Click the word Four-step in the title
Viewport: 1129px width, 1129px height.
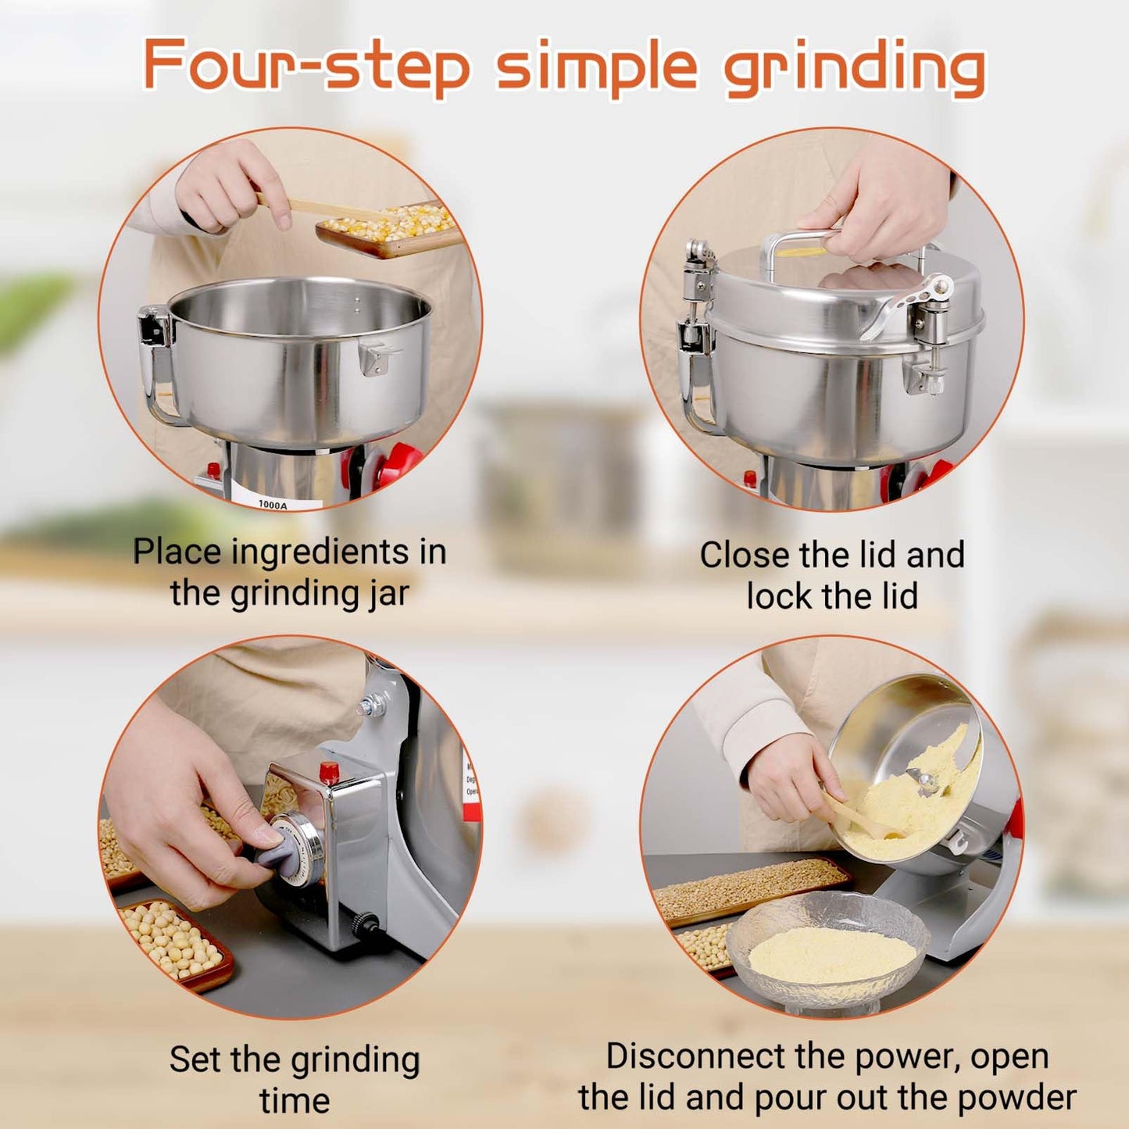click(x=306, y=66)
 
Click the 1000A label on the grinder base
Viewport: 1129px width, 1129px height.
click(x=273, y=504)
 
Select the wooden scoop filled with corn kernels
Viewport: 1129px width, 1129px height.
click(x=387, y=227)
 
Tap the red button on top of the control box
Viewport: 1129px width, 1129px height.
click(x=329, y=772)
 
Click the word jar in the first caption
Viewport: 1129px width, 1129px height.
click(x=388, y=594)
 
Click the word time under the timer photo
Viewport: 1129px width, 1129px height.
click(x=295, y=1100)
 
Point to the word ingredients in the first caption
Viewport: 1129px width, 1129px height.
click(x=320, y=553)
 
